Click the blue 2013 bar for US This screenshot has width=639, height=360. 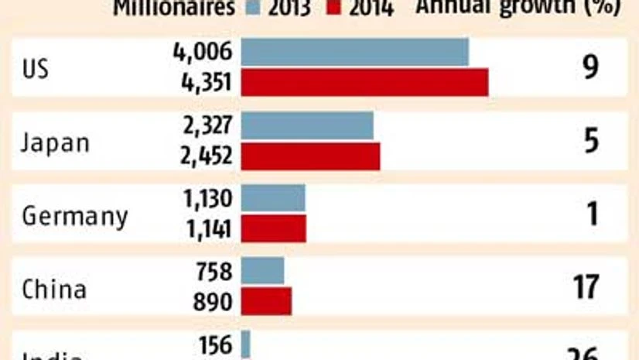click(x=354, y=52)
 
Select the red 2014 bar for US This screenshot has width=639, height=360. click(x=364, y=82)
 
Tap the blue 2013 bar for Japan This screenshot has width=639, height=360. click(x=307, y=125)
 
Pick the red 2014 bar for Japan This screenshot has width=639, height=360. click(x=310, y=156)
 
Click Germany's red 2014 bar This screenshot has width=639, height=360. click(x=274, y=228)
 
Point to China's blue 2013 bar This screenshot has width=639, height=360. click(x=263, y=271)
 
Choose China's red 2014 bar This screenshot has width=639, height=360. click(x=267, y=301)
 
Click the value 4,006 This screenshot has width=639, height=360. click(x=203, y=53)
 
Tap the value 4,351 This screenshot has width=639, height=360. click(x=203, y=82)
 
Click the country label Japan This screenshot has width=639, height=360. click(x=56, y=142)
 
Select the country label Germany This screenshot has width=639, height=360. click(x=74, y=216)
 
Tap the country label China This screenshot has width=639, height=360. click(x=53, y=289)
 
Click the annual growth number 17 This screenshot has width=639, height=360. click(x=586, y=287)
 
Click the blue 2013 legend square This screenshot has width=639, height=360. click(x=252, y=8)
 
